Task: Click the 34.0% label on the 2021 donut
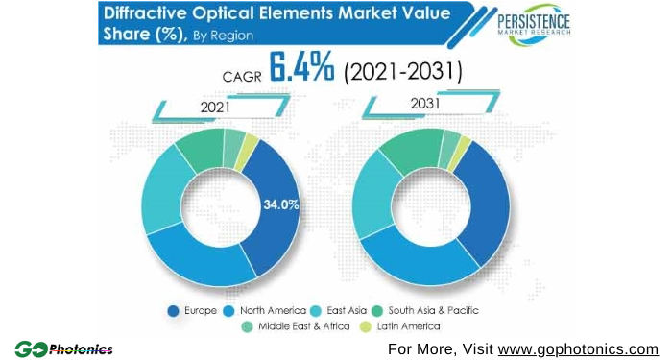tap(281, 204)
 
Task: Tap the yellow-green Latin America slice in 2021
tap(252, 145)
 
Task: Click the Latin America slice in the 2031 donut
tap(465, 146)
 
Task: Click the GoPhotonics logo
tap(63, 348)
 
